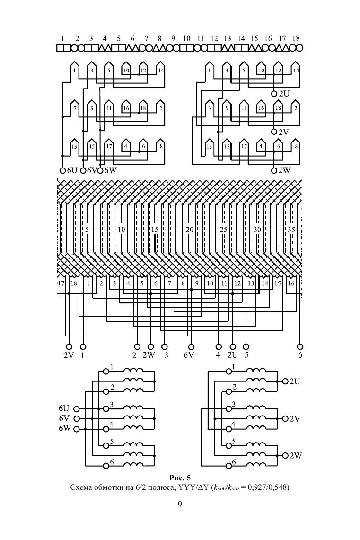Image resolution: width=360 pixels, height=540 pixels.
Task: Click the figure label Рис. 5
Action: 180,477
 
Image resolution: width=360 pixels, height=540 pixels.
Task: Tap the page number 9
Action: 180,505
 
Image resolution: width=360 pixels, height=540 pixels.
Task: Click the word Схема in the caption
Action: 82,487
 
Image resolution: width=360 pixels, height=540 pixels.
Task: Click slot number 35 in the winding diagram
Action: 291,230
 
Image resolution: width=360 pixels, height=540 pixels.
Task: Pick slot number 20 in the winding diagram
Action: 189,230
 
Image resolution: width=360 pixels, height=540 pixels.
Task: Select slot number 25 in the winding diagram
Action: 223,230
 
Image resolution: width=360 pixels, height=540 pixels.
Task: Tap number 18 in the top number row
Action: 296,38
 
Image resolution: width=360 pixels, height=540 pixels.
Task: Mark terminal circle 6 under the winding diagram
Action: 299,346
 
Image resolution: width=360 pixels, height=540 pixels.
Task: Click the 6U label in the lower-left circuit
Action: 64,408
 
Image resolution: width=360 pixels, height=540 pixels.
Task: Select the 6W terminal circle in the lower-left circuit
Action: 76,429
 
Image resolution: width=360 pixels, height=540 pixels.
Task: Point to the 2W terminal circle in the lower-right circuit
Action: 285,455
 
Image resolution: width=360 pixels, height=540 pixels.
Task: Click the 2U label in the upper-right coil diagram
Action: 284,94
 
